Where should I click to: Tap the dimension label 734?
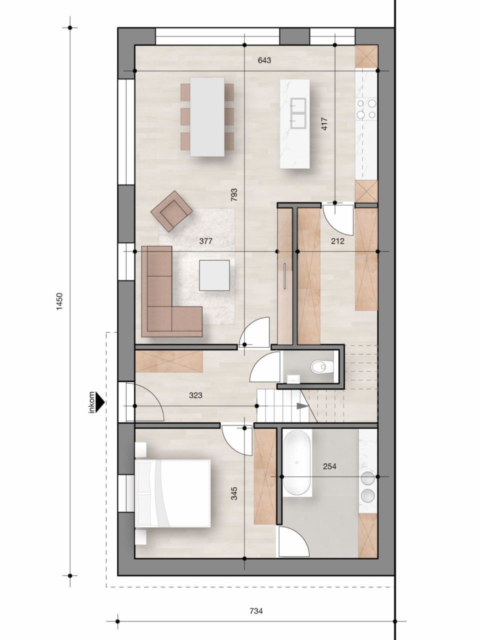(x=255, y=610)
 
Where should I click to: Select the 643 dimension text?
(x=264, y=60)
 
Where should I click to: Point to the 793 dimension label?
(x=233, y=195)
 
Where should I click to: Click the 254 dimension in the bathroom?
(x=329, y=466)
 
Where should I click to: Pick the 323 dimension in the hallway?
(x=195, y=395)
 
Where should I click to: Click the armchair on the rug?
(x=171, y=210)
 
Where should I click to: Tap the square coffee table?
(x=214, y=275)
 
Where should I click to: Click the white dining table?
(x=207, y=116)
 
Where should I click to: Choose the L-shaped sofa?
(x=165, y=300)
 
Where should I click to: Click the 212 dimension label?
(x=337, y=241)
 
